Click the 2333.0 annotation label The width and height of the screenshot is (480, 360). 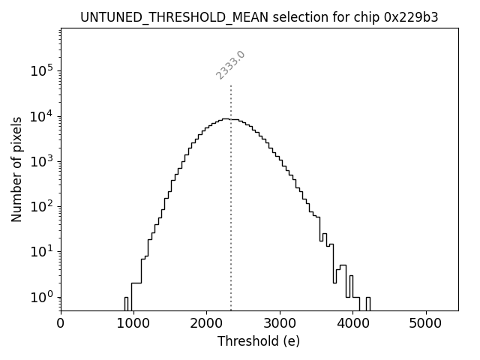pyautogui.click(x=230, y=65)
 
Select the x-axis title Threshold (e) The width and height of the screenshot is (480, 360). pyautogui.click(x=259, y=341)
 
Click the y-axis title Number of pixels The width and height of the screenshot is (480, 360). pyautogui.click(x=16, y=169)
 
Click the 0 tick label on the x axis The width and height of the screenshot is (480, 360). pyautogui.click(x=61, y=323)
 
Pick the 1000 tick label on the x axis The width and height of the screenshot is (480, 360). pyautogui.click(x=133, y=323)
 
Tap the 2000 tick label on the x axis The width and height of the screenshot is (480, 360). pyautogui.click(x=207, y=323)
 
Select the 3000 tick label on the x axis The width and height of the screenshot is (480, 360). pyautogui.click(x=280, y=323)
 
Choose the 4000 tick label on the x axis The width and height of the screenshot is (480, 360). pyautogui.click(x=353, y=323)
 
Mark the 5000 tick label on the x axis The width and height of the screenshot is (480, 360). pyautogui.click(x=426, y=323)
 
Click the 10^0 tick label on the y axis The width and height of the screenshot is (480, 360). pyautogui.click(x=43, y=297)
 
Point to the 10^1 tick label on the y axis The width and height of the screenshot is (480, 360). pyautogui.click(x=43, y=251)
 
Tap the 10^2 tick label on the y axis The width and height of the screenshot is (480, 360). pyautogui.click(x=43, y=206)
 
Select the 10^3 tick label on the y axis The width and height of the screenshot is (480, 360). pyautogui.click(x=43, y=161)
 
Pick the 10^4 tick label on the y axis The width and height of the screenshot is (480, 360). pyautogui.click(x=43, y=116)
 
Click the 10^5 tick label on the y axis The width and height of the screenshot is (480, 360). pyautogui.click(x=43, y=71)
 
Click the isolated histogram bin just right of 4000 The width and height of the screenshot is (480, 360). pyautogui.click(x=367, y=304)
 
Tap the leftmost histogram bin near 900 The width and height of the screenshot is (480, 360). pyautogui.click(x=126, y=304)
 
